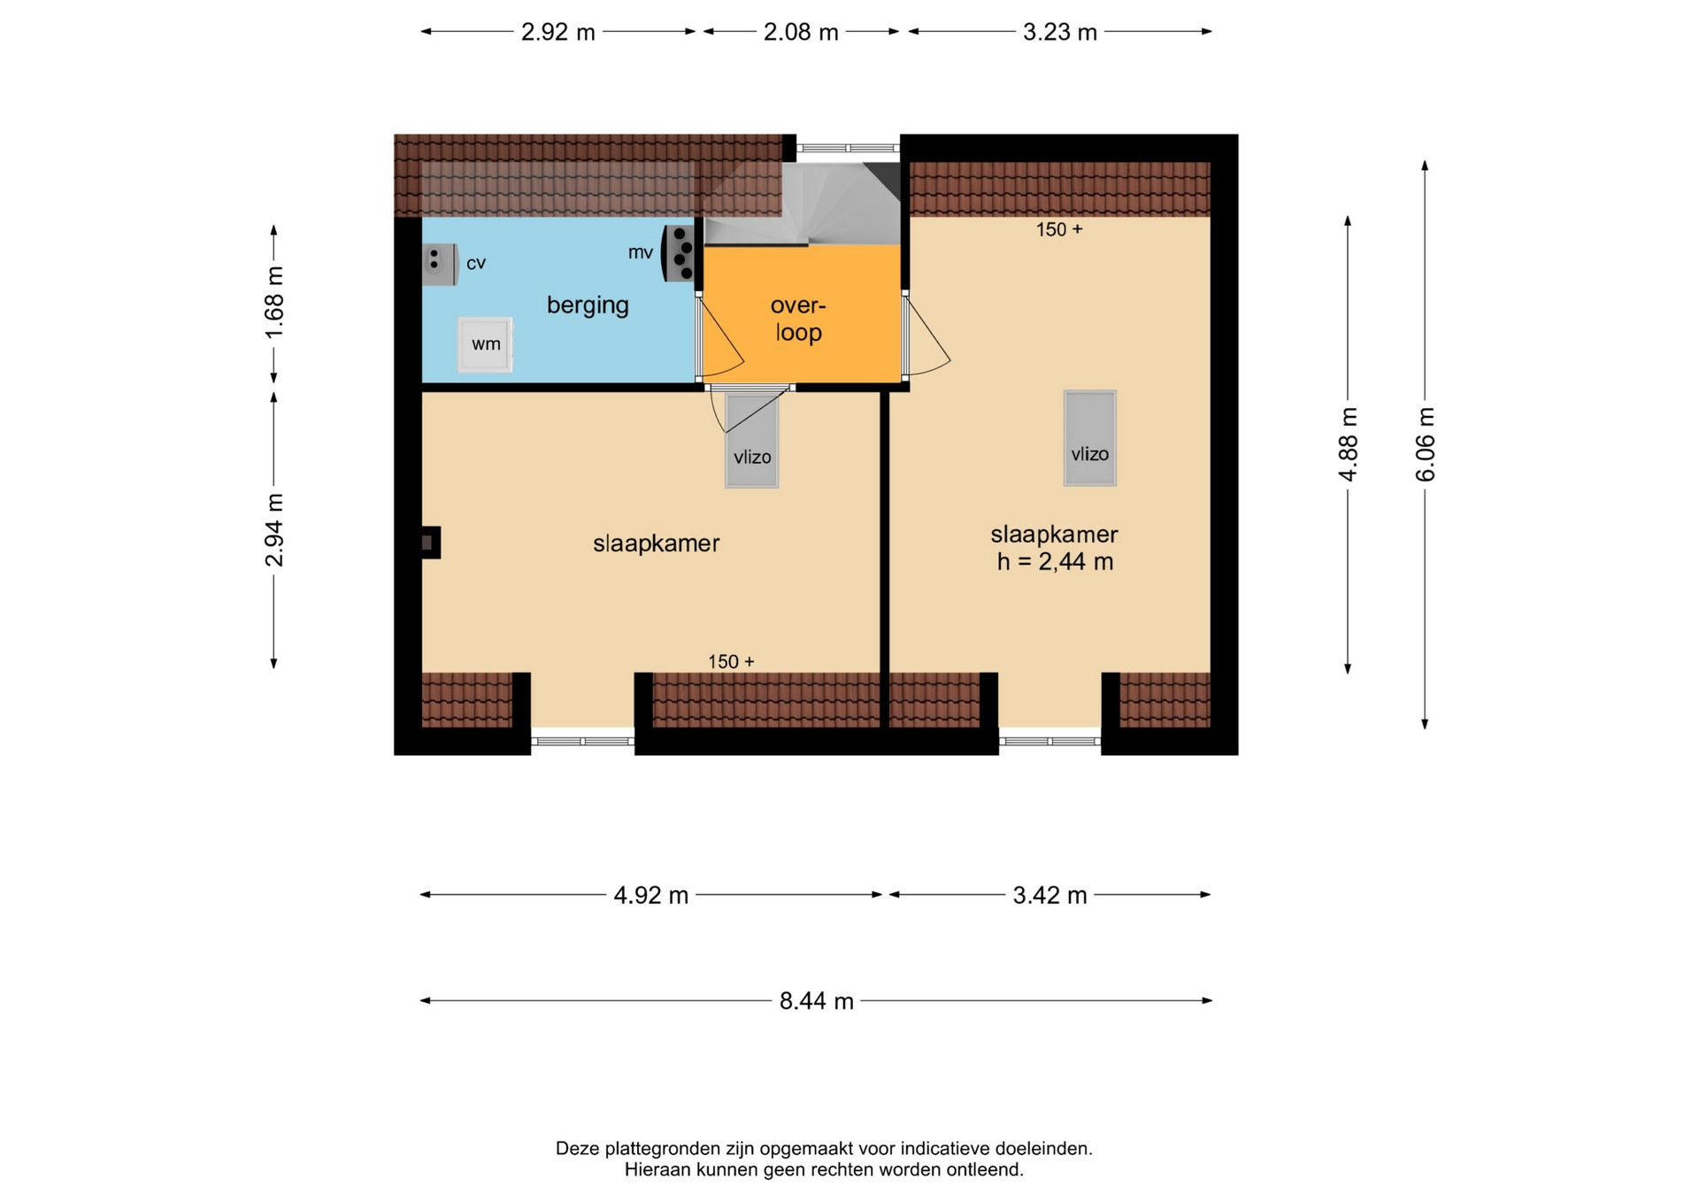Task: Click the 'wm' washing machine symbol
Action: (x=485, y=344)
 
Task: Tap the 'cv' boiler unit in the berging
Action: (x=440, y=264)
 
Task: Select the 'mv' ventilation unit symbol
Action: (x=679, y=253)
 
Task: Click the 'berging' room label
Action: (x=588, y=305)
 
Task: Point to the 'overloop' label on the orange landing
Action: (x=798, y=319)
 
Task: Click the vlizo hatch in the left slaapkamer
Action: (x=751, y=440)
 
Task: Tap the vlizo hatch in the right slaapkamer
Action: (x=1089, y=438)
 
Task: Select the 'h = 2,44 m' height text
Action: (x=1055, y=562)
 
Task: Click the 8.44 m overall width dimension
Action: (x=816, y=1001)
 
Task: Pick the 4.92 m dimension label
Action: (x=651, y=895)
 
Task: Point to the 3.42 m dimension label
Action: (x=1049, y=895)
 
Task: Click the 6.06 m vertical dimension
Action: (x=1425, y=444)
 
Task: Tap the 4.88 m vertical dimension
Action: (x=1348, y=444)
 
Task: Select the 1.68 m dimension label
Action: (x=274, y=302)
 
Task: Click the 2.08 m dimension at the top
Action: (x=801, y=32)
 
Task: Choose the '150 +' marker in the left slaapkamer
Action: (x=731, y=662)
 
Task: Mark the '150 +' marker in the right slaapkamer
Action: (x=1059, y=230)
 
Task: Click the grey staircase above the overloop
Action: (x=802, y=204)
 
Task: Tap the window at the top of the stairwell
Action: (x=848, y=149)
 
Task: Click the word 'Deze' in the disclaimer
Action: (x=577, y=1149)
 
